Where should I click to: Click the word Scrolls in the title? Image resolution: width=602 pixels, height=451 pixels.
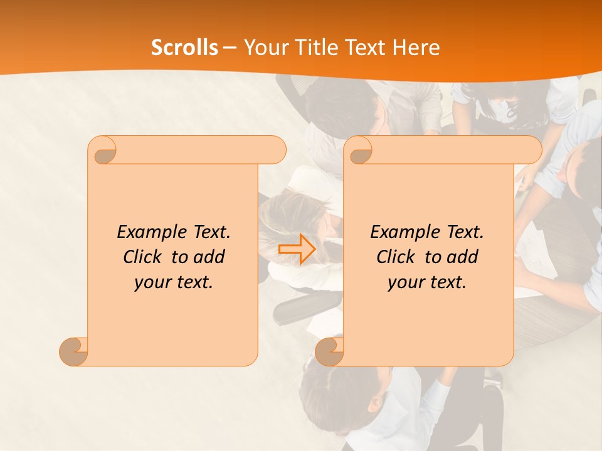tap(184, 48)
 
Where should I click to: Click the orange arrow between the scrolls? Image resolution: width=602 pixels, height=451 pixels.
tap(297, 249)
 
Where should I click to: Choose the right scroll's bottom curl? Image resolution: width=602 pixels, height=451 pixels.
tap(329, 351)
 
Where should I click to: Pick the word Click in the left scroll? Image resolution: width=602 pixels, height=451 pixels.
tap(142, 257)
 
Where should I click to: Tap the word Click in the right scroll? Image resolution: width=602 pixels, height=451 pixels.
tap(395, 257)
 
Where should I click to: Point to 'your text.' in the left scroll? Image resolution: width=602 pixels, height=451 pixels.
tap(173, 282)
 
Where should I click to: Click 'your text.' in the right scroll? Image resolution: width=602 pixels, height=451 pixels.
tap(426, 282)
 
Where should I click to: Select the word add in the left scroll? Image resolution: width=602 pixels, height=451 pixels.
tap(209, 257)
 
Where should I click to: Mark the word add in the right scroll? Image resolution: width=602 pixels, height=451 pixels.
tap(463, 257)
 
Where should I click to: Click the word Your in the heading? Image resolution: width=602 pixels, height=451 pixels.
tap(265, 48)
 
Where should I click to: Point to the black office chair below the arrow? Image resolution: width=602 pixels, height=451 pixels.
tap(301, 307)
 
